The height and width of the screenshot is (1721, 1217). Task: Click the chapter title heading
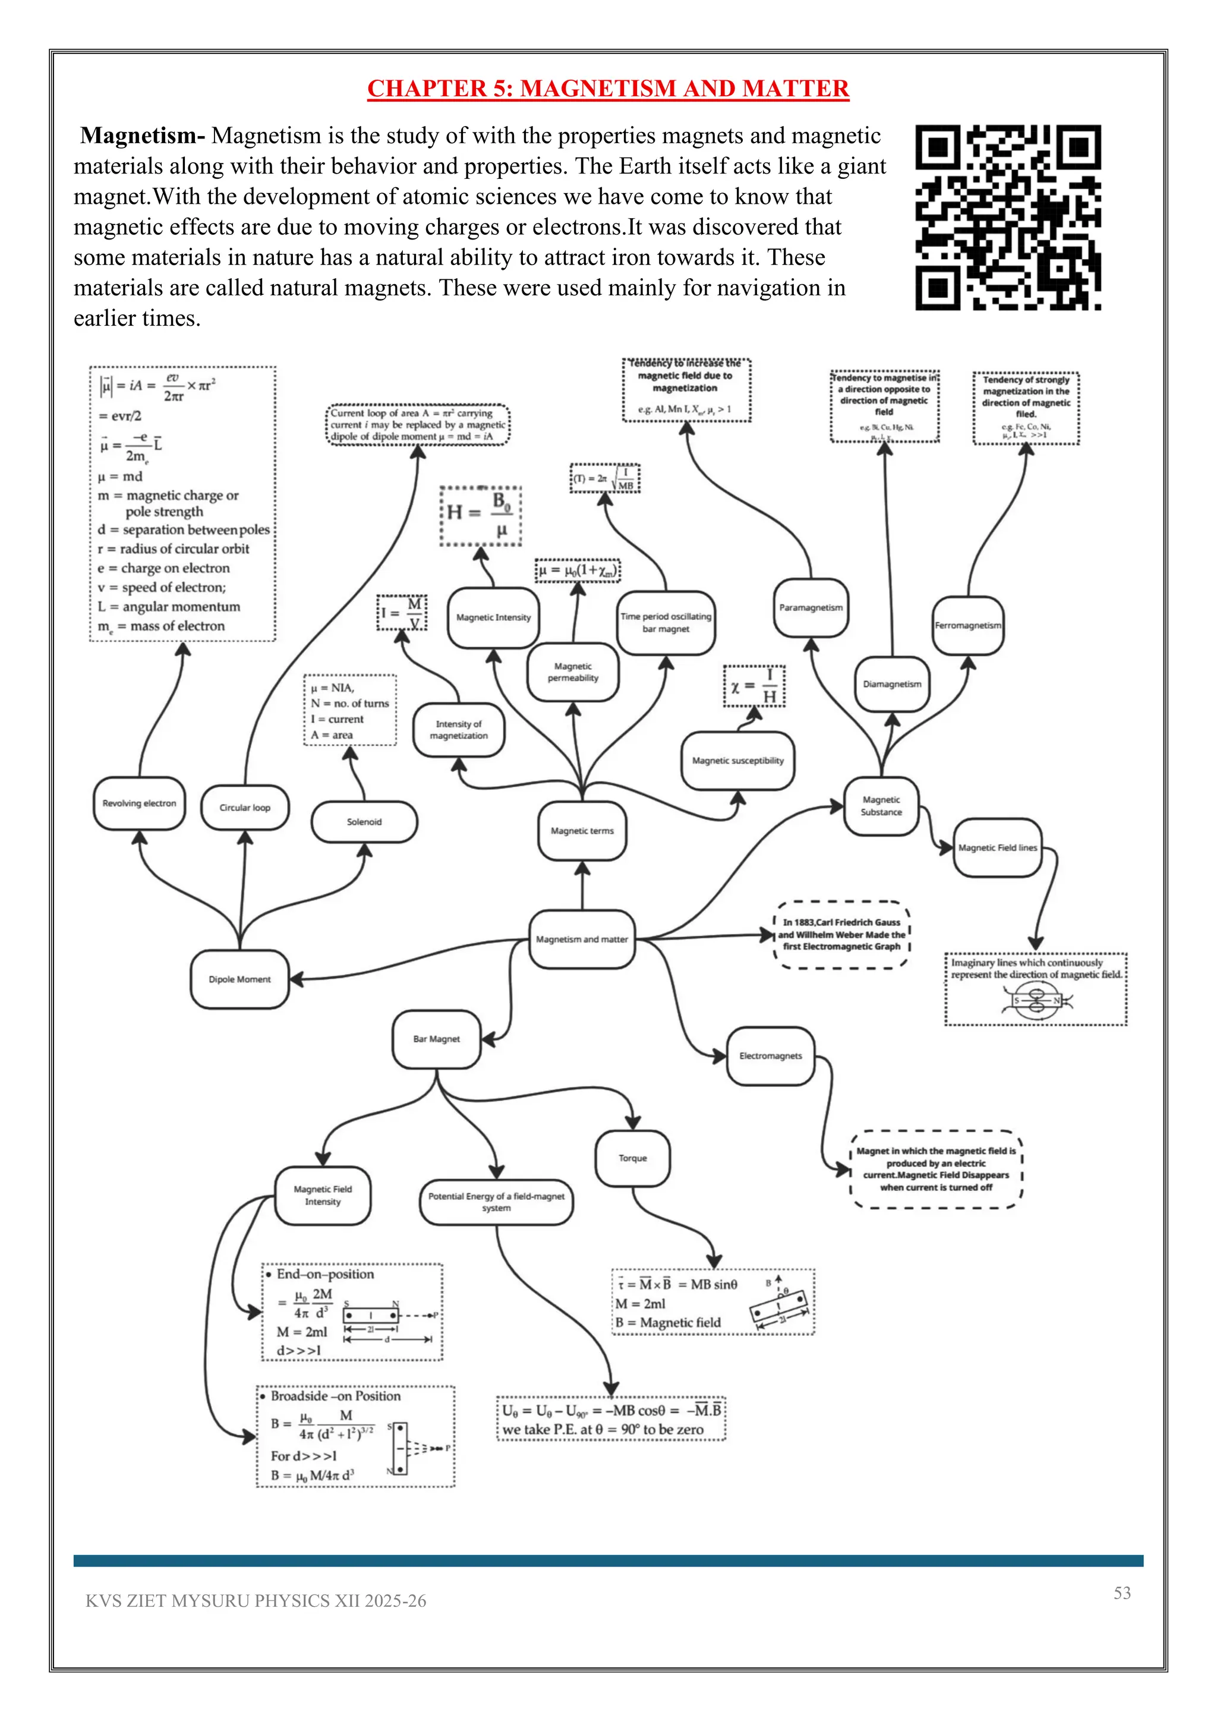[608, 89]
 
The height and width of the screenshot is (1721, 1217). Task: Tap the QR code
[1008, 218]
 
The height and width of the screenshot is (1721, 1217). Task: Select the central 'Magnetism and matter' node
[582, 939]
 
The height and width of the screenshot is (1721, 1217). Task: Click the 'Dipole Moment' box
[240, 979]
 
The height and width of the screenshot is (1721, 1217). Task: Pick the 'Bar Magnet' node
[436, 1039]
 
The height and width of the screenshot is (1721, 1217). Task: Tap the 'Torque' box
[632, 1158]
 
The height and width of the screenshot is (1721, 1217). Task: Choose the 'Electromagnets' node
[770, 1055]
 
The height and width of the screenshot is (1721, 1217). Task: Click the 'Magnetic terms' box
[582, 831]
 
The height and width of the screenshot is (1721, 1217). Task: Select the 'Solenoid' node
[364, 821]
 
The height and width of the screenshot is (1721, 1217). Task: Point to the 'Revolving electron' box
[140, 803]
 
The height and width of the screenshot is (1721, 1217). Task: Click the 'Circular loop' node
[245, 807]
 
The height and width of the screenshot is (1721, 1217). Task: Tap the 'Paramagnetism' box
[811, 607]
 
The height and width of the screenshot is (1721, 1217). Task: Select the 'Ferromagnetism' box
[967, 625]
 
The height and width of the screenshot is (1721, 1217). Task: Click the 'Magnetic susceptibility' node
[737, 760]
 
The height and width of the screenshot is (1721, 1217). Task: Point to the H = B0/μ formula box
[480, 516]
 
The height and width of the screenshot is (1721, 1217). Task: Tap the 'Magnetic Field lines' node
[998, 848]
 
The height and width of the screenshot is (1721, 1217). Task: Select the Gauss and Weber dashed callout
[841, 935]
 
